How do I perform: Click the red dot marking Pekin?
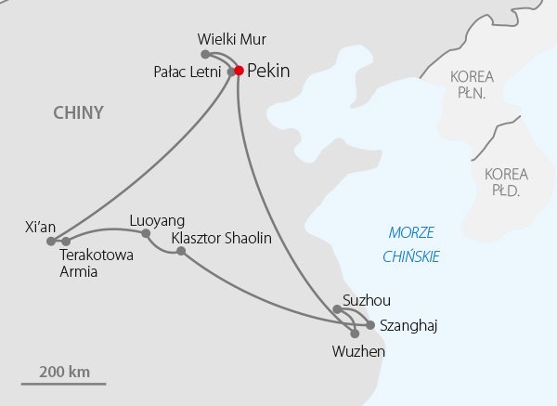click(x=239, y=70)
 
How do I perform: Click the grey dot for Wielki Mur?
click(x=205, y=54)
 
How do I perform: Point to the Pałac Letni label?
click(x=187, y=71)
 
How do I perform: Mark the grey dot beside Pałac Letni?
click(x=229, y=71)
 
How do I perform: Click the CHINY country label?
click(x=78, y=113)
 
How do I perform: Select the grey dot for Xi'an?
click(x=51, y=241)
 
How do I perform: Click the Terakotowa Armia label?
click(x=91, y=262)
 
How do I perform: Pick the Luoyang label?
click(x=158, y=220)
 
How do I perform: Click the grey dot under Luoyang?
click(x=146, y=232)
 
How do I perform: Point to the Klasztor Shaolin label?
click(x=222, y=239)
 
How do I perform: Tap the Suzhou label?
click(x=367, y=300)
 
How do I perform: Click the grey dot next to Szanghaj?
click(x=370, y=325)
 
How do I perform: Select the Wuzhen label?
click(x=357, y=352)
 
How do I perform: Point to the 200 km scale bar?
click(x=64, y=382)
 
